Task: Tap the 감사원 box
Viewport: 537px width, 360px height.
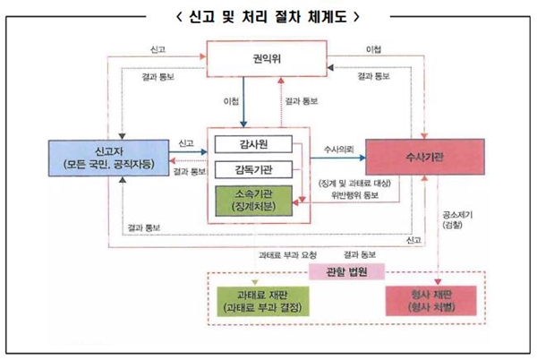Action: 254,145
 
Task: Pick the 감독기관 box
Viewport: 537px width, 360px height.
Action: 254,169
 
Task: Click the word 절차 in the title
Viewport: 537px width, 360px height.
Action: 272,16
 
